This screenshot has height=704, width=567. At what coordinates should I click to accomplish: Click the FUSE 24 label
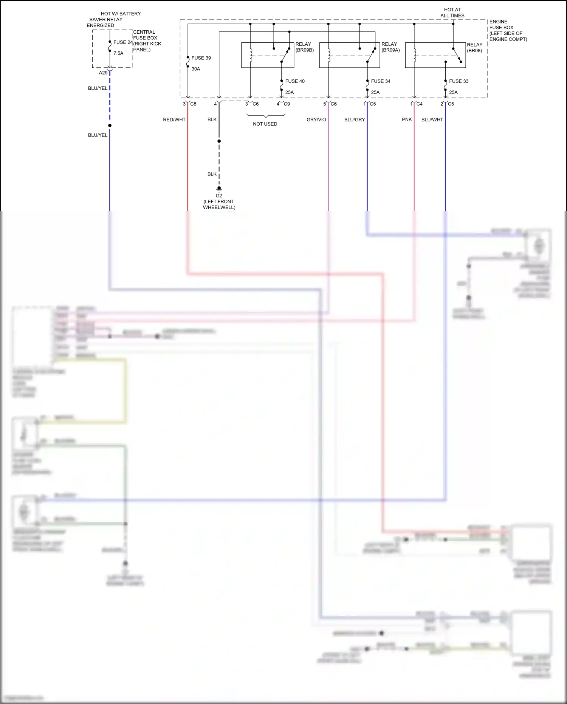123,42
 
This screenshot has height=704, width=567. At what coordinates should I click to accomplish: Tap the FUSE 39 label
201,58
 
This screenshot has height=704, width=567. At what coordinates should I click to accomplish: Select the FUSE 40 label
295,81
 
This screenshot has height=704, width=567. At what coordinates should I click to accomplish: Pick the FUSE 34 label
381,81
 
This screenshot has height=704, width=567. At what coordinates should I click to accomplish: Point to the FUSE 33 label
459,81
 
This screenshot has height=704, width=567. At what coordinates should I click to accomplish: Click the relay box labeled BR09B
268,55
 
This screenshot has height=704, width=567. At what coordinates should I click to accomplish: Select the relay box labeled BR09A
349,55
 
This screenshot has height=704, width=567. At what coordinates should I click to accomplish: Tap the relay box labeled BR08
435,55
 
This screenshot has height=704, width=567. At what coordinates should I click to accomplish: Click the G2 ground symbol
219,189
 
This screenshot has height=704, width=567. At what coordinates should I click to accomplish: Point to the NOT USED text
265,124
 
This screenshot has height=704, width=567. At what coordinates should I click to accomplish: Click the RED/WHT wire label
174,120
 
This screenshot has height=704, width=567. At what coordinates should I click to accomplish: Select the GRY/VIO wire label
316,120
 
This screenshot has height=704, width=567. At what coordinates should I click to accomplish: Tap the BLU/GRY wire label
355,120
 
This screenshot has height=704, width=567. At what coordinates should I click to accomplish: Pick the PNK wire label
407,120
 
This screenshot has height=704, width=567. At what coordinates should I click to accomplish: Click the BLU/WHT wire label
432,120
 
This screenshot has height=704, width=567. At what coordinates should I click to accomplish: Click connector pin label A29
103,73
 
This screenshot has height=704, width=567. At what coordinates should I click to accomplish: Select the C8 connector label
193,104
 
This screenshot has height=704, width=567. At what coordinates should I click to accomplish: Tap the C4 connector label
419,104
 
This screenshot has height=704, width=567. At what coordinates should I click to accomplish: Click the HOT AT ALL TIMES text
452,12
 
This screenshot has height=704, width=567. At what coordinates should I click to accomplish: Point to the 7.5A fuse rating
118,53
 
